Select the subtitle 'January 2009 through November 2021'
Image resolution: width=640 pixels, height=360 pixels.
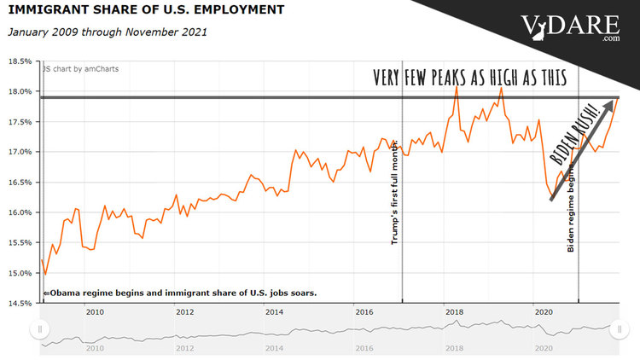[x=107, y=32]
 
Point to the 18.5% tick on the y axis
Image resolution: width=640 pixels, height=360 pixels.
[x=20, y=61]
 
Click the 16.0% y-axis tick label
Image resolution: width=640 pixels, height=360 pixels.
[x=20, y=212]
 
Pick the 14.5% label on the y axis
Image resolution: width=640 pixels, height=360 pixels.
[x=20, y=303]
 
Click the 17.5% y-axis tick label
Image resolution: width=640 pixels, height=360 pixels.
[x=20, y=122]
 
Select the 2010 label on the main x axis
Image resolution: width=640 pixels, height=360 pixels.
[x=94, y=313]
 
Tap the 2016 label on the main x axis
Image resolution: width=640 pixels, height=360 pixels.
[x=364, y=313]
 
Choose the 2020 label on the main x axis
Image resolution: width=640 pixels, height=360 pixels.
[x=543, y=313]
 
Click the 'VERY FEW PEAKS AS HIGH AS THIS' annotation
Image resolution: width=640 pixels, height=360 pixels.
[x=470, y=78]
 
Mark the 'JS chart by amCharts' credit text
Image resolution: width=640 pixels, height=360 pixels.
[x=80, y=68]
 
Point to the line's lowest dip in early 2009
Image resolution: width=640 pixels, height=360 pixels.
[x=45, y=274]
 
